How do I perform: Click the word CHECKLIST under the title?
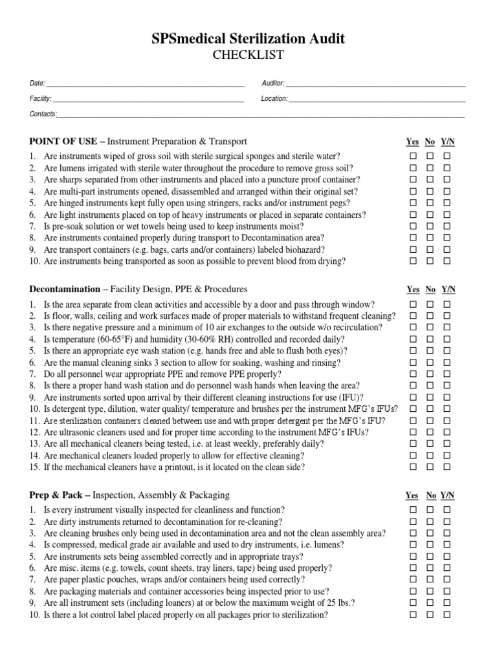tap(248, 55)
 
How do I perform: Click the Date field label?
tap(36, 83)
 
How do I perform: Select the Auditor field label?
tap(273, 83)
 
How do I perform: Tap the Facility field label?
tap(40, 99)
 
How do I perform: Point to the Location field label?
tap(274, 99)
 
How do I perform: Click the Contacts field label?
tap(43, 114)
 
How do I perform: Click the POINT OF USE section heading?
tap(63, 141)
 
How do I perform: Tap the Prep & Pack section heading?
tap(56, 495)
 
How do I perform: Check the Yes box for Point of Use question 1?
tap(412, 156)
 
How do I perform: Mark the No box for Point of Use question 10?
tap(430, 261)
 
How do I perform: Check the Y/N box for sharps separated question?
tap(447, 180)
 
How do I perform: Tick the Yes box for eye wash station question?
tap(412, 351)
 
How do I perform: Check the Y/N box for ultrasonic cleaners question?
tap(447, 432)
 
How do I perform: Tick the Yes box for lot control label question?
tap(412, 615)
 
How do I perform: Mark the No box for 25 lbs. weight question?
tap(430, 604)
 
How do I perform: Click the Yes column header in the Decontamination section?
tap(412, 290)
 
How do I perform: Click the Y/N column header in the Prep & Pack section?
tap(448, 496)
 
